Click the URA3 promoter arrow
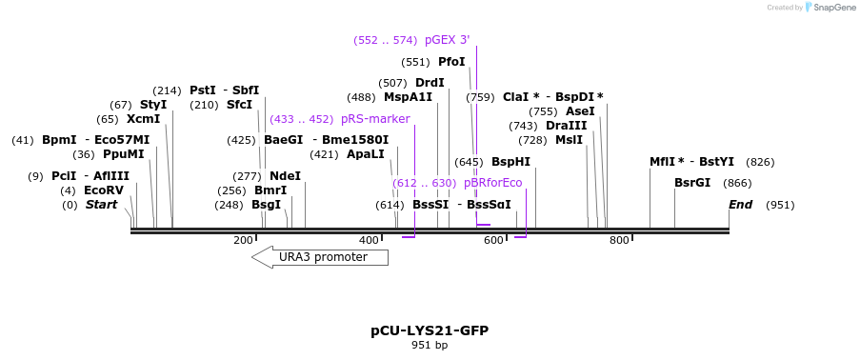coord(320,257)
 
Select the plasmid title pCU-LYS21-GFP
coord(430,330)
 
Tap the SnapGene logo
coord(829,8)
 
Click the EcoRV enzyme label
coord(104,190)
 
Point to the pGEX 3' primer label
coord(447,40)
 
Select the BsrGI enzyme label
coord(692,183)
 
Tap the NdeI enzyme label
coord(285,176)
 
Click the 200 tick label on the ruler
coord(244,240)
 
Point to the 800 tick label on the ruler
coord(619,240)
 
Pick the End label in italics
coord(740,205)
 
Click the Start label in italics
coord(102,205)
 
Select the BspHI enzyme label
coord(510,162)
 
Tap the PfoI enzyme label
coord(451,62)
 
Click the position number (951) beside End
coord(780,205)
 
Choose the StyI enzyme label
coord(153,105)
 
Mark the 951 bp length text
coord(430,345)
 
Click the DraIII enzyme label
coord(567,126)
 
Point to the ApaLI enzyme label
coord(366,154)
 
